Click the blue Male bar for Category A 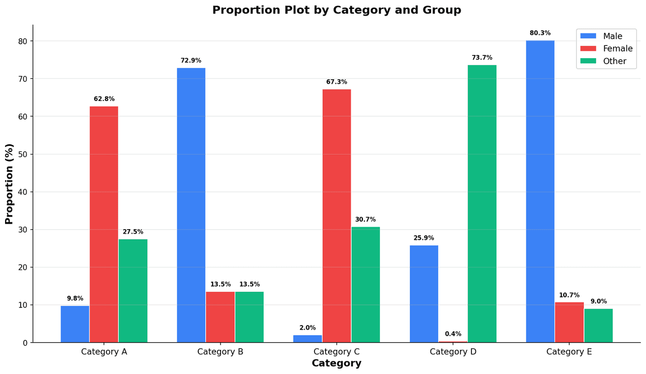75,324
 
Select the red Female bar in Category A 104,224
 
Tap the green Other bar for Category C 365,285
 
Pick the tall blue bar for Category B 191,205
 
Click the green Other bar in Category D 482,203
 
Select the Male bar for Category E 540,191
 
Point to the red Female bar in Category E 569,323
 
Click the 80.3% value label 540,33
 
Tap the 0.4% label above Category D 453,334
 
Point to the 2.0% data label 307,328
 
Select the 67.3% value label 337,82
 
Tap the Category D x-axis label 453,352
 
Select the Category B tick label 220,352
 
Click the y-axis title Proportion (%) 9,184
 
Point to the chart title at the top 337,10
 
